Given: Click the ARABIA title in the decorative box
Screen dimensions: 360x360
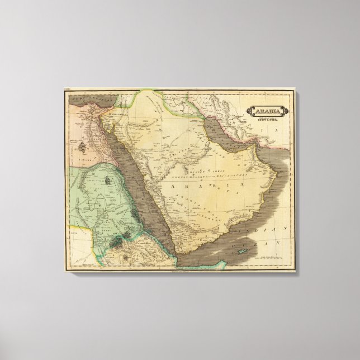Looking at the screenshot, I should click(x=268, y=110).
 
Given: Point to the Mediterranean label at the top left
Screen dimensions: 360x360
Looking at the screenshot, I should click(x=84, y=98).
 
